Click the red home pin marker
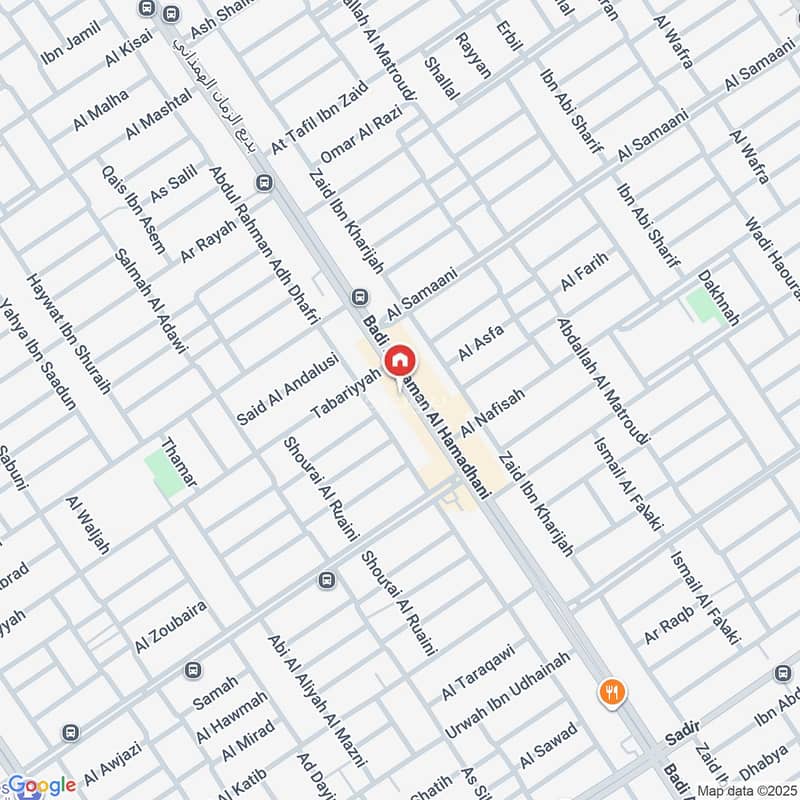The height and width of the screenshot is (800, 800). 400,361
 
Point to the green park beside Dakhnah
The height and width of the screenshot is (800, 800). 707,304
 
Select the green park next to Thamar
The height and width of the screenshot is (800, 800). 165,472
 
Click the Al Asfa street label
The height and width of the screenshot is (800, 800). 481,342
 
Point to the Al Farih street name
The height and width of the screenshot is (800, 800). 584,271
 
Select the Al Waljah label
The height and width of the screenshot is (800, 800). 87,524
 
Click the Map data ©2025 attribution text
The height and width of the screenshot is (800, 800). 746,791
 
